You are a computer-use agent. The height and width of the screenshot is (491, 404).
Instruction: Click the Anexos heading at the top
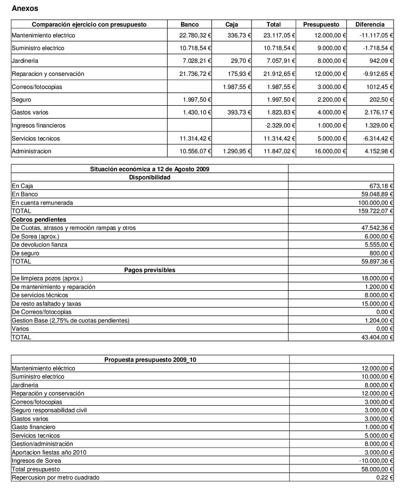tap(25, 9)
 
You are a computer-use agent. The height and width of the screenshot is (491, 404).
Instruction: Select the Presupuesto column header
tap(321, 24)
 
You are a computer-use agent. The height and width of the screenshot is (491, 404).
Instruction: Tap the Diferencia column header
tap(370, 24)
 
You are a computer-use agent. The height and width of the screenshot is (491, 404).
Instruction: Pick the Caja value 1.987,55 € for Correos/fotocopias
tap(236, 87)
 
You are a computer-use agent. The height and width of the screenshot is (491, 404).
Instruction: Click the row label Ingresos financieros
tap(39, 125)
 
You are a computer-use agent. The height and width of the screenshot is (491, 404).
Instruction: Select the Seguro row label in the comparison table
tap(22, 100)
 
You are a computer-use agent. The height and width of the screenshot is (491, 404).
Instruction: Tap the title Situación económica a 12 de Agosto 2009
tap(150, 169)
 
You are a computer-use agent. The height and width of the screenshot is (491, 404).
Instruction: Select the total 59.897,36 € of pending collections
tap(377, 262)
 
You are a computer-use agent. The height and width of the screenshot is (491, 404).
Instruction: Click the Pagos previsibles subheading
tap(150, 270)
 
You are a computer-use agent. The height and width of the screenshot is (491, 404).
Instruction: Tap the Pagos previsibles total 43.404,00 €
tap(377, 337)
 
